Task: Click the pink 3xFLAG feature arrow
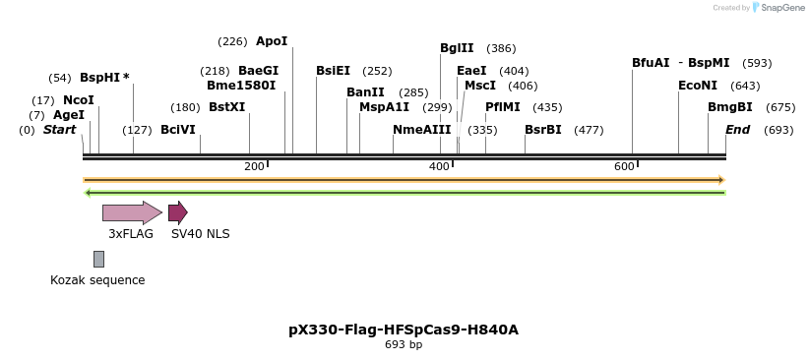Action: (132, 212)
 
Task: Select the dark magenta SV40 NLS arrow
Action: (177, 212)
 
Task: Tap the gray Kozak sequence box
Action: (98, 259)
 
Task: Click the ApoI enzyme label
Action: (272, 41)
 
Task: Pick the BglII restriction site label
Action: (457, 48)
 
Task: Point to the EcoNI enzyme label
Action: (698, 86)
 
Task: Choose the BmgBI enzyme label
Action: (730, 107)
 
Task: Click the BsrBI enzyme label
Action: (543, 130)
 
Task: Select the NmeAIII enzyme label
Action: (421, 130)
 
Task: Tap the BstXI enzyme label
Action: (227, 107)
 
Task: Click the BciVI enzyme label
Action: (178, 130)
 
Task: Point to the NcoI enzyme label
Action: (79, 100)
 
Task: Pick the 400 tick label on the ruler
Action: (439, 166)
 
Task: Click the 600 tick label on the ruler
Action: (624, 166)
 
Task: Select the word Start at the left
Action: (59, 130)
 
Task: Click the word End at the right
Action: (737, 130)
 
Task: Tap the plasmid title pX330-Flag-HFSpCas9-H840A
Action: (404, 330)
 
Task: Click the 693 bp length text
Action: (404, 345)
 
